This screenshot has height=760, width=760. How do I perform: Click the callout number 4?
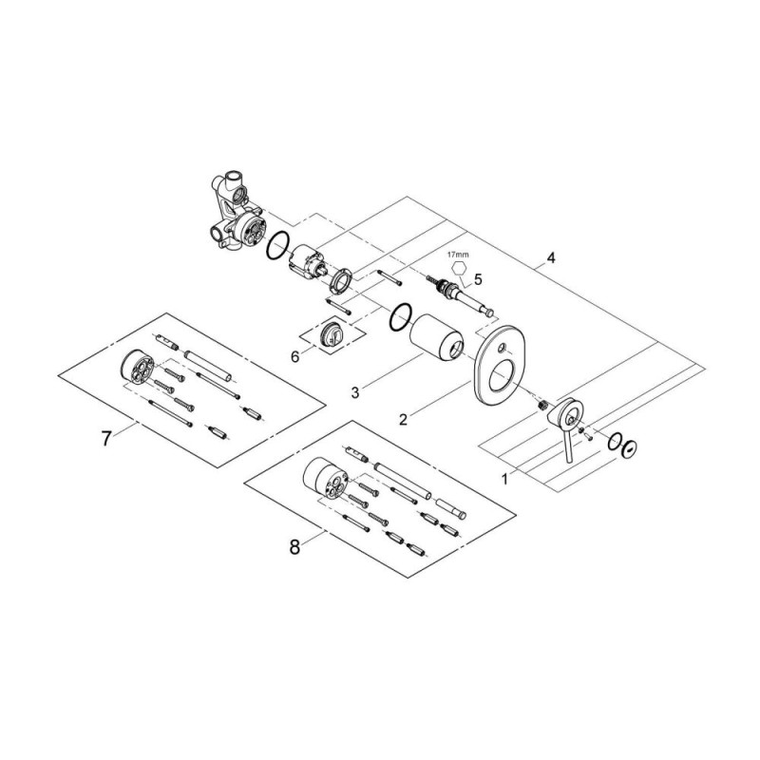tap(550, 257)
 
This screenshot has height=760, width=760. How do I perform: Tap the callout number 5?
tap(478, 279)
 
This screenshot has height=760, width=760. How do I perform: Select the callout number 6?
tap(294, 357)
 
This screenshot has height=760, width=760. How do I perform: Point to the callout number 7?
tap(106, 439)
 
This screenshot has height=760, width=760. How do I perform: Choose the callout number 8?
tap(294, 548)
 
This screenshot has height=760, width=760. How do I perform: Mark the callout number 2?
tap(403, 419)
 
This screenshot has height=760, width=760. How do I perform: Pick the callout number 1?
tap(504, 480)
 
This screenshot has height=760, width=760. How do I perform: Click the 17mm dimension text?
tap(458, 254)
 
